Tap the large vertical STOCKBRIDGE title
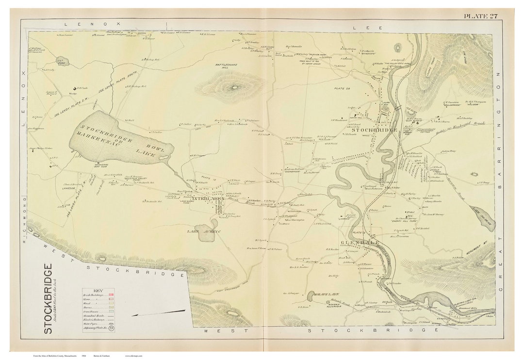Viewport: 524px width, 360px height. [x=48, y=298]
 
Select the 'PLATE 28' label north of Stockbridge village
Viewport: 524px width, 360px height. [x=342, y=88]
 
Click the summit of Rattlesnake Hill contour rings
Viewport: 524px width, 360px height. [x=234, y=88]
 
